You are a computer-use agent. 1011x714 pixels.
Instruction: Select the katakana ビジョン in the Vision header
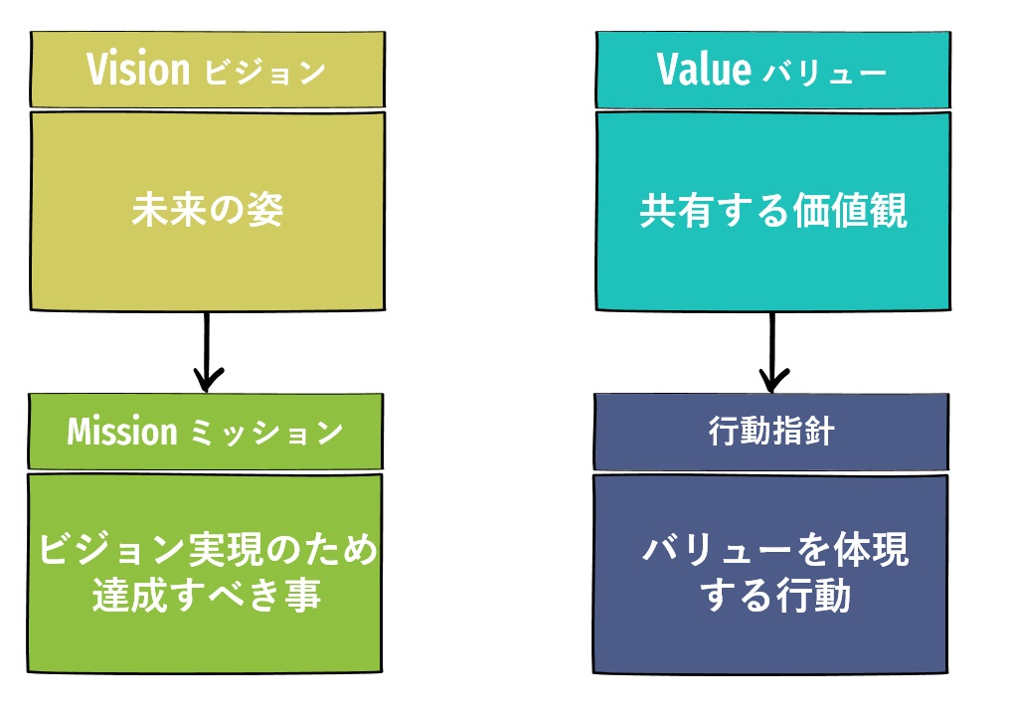264,73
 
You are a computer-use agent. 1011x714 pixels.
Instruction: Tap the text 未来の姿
208,210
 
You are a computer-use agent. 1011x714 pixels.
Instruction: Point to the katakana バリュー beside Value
823,73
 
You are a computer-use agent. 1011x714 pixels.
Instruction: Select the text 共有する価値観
772,210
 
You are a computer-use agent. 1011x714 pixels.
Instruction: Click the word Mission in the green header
121,432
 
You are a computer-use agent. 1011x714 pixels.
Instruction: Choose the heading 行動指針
771,433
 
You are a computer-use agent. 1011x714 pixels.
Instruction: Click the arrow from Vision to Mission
208,348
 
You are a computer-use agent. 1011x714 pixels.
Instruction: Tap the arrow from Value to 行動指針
773,348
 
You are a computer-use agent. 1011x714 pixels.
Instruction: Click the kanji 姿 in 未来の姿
265,210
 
